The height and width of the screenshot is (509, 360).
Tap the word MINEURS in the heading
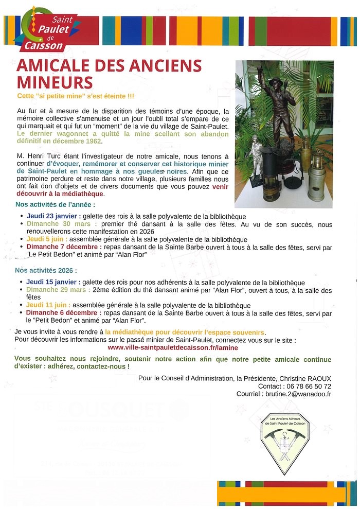55,82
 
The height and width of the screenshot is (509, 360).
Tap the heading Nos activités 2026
46,270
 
